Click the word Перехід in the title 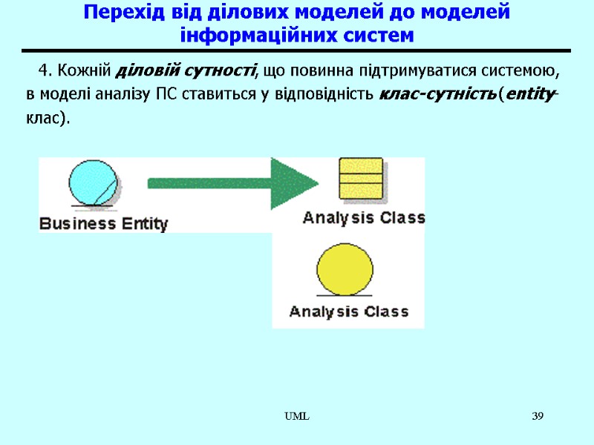120,13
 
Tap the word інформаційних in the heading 248,35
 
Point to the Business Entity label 103,223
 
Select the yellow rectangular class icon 360,178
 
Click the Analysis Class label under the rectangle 364,218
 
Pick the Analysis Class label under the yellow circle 348,311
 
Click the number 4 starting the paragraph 44,71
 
